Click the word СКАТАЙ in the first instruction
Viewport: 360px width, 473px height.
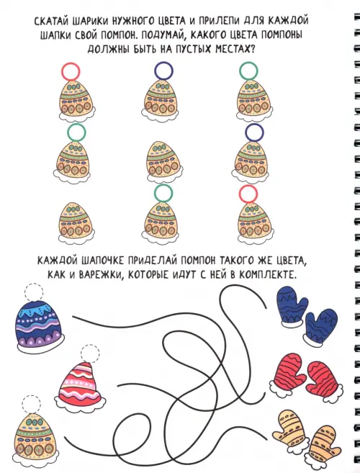click(53, 22)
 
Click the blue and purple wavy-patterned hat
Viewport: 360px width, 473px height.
click(39, 326)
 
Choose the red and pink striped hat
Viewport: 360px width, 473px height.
click(81, 384)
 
